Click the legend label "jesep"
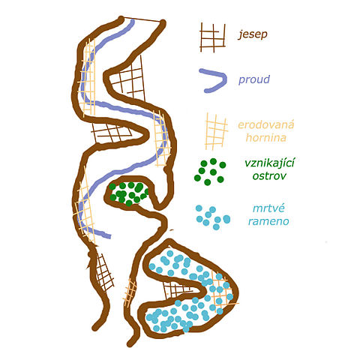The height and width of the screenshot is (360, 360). (253, 34)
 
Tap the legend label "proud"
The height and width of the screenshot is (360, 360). (254, 79)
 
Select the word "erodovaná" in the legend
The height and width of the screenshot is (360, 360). (266, 124)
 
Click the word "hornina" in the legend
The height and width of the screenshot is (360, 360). (266, 137)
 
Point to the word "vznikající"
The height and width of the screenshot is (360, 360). (270, 163)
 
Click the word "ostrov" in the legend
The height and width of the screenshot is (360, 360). (269, 176)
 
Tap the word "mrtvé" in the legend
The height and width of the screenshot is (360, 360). (268, 208)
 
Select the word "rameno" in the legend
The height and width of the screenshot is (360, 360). (268, 221)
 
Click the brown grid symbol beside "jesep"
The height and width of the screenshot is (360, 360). (212, 37)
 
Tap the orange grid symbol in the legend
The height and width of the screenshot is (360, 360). (216, 131)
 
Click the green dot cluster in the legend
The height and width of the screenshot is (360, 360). (210, 172)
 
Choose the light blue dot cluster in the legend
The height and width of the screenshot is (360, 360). (213, 217)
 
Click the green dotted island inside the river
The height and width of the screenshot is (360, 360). (129, 193)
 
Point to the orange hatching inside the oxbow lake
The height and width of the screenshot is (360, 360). (222, 289)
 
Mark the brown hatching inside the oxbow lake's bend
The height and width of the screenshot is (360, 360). (178, 289)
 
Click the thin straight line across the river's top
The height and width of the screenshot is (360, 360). (142, 19)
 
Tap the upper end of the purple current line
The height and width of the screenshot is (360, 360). (132, 22)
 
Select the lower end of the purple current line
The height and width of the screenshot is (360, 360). (109, 236)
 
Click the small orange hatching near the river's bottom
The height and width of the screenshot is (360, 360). (130, 292)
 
